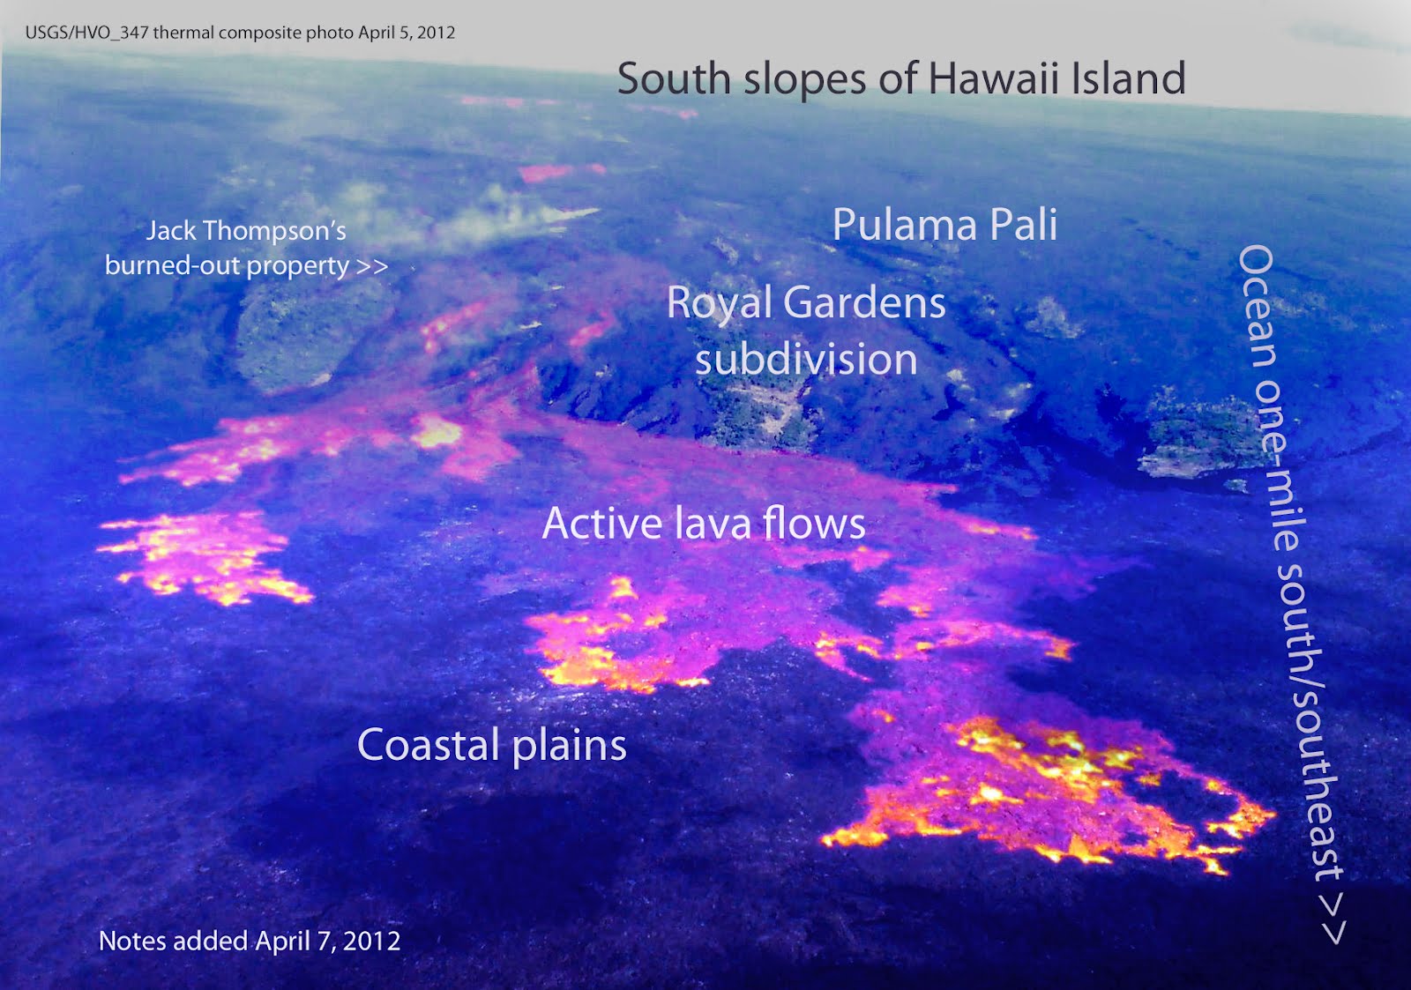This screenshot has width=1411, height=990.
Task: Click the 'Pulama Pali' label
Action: (x=944, y=225)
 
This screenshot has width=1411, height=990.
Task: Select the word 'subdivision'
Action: (x=805, y=360)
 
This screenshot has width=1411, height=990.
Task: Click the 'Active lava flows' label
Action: (x=703, y=523)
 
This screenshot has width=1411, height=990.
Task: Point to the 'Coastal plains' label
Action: (x=491, y=745)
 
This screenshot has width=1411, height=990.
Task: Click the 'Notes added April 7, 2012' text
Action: (x=250, y=941)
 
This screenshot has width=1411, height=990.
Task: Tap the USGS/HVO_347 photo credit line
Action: (x=240, y=33)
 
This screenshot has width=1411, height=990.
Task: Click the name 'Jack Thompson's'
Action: (x=246, y=231)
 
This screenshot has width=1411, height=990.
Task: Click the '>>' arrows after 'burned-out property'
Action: (x=371, y=266)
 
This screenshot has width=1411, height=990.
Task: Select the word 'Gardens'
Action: (x=864, y=303)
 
